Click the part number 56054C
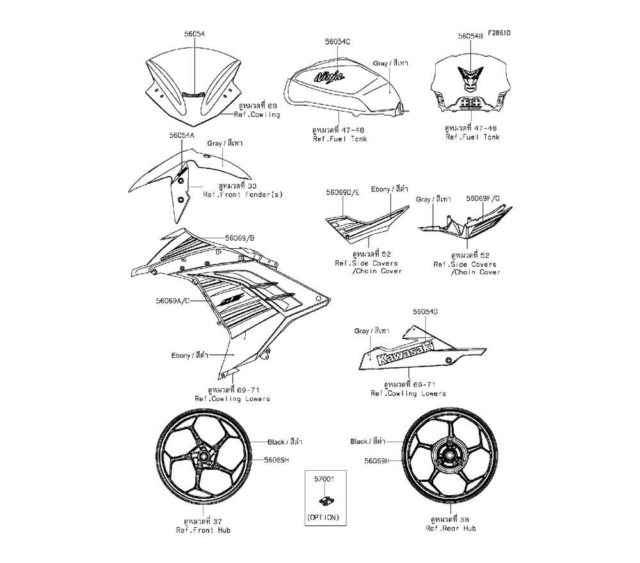[x=337, y=42]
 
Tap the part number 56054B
[x=470, y=37]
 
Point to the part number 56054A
[x=182, y=136]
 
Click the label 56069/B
[x=240, y=237]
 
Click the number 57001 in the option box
[x=323, y=477]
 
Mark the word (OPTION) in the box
[x=323, y=516]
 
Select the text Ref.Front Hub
[x=204, y=530]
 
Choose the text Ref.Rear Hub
[x=451, y=528]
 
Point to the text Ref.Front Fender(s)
[x=243, y=194]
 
